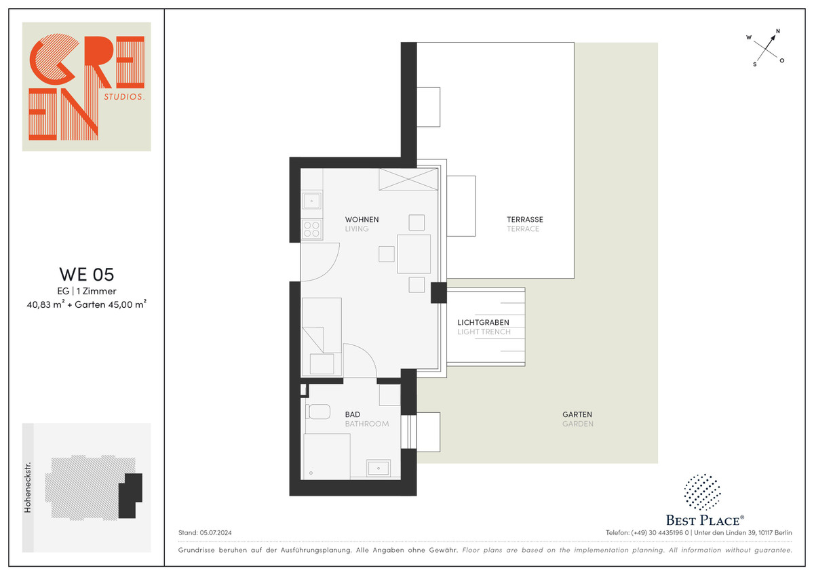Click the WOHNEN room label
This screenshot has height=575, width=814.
click(362, 220)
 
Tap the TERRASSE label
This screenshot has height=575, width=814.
click(525, 220)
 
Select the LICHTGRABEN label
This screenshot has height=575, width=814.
click(483, 322)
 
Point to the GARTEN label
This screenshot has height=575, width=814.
click(577, 414)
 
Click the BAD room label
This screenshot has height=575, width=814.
click(353, 414)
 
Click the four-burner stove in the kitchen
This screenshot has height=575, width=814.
click(312, 229)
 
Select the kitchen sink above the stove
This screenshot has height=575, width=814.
click(312, 201)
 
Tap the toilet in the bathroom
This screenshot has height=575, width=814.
click(317, 412)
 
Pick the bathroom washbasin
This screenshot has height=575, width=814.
click(379, 468)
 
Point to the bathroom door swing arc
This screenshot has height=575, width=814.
click(368, 353)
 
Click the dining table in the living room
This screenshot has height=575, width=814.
click(414, 254)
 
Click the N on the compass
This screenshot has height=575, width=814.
click(778, 31)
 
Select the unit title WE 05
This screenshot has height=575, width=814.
click(87, 274)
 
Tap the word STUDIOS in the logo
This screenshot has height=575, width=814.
click(124, 96)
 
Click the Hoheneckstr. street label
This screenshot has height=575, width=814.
click(28, 487)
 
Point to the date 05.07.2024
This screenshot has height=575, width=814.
click(216, 532)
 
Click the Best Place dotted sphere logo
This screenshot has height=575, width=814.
click(702, 492)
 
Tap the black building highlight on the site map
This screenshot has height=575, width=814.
click(130, 496)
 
